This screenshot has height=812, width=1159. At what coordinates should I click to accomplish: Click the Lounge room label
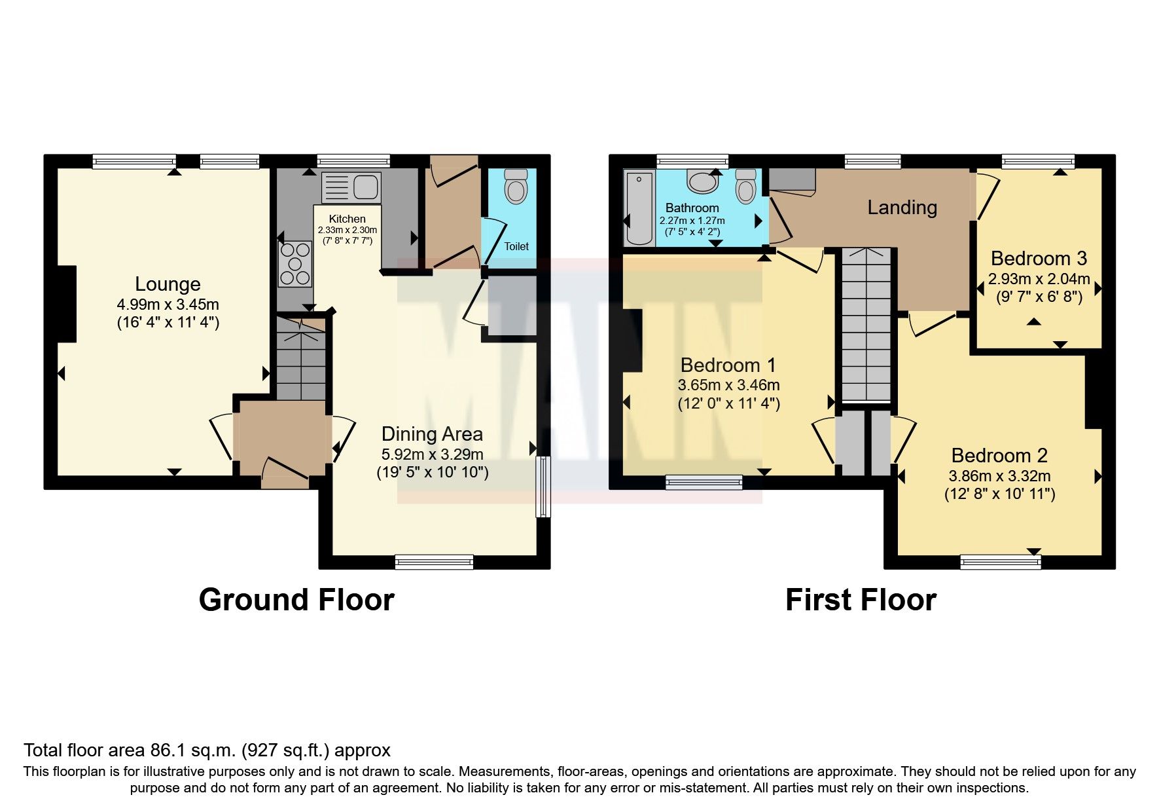(x=168, y=284)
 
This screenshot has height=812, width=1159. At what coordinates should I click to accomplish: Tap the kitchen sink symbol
(x=351, y=187)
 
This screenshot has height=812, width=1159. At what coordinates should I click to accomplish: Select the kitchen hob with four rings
(x=295, y=264)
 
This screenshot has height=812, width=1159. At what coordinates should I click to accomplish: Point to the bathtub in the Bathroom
(x=639, y=207)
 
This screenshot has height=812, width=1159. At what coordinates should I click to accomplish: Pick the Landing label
(x=902, y=208)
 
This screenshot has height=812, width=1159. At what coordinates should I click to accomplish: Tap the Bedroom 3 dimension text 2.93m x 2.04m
(x=1039, y=279)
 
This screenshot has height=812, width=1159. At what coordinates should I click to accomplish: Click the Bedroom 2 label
(x=999, y=455)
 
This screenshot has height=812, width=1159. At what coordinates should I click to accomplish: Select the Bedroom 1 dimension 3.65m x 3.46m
(x=728, y=385)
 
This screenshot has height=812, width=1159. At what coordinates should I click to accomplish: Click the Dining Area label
(x=432, y=434)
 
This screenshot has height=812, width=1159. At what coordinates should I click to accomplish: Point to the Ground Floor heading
(x=296, y=600)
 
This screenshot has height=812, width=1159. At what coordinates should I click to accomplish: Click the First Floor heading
(x=861, y=600)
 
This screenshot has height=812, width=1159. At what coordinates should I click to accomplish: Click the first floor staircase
(x=866, y=324)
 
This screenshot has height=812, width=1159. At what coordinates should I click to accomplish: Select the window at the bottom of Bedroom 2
(x=1000, y=561)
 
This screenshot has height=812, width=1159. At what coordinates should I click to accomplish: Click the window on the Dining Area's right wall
(x=543, y=487)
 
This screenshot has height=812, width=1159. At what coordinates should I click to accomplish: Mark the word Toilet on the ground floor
(x=516, y=246)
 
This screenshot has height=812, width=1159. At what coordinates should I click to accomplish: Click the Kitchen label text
(x=347, y=219)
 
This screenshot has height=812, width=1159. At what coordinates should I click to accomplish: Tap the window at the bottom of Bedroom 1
(x=704, y=483)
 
